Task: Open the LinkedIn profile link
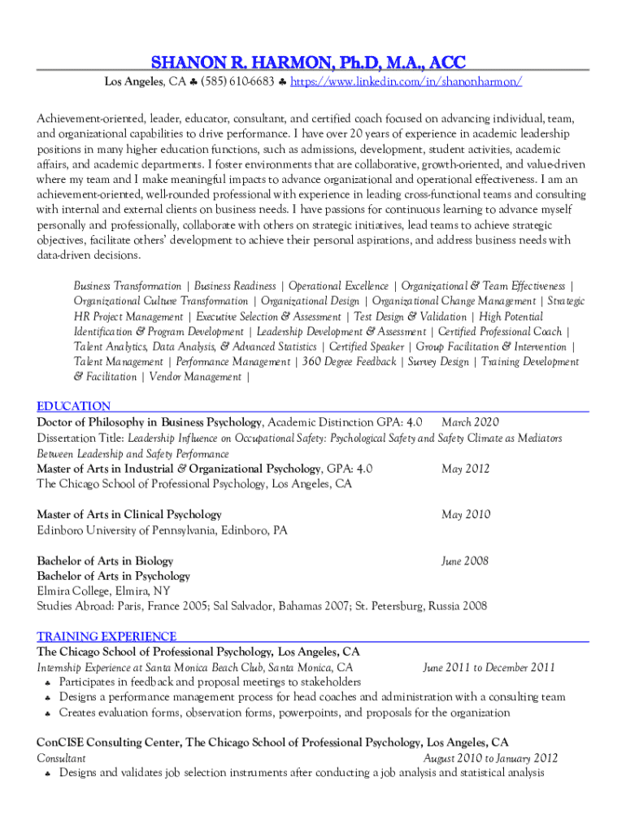point(406,82)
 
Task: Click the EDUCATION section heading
point(74,406)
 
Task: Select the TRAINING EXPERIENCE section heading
point(107,636)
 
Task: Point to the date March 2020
point(470,422)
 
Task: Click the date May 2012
point(466,469)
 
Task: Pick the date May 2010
point(466,514)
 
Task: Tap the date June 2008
point(464,560)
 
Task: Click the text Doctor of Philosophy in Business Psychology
point(150,422)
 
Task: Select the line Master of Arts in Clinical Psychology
point(129,514)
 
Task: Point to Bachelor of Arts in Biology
point(105,560)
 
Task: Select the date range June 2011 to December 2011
point(489,668)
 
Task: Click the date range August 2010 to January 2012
point(491,757)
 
